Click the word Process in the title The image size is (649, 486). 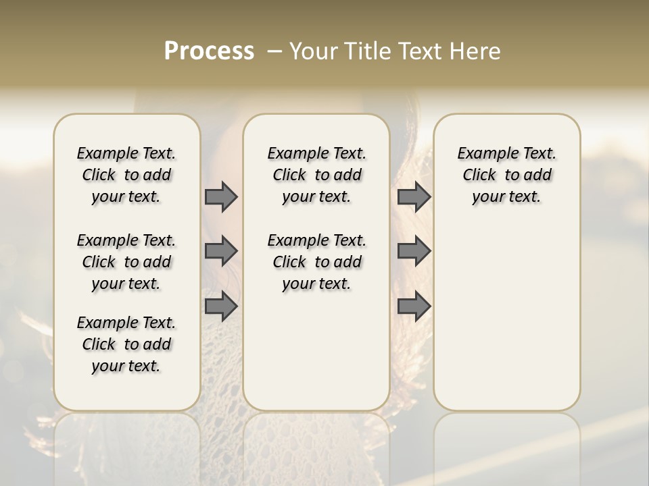209,51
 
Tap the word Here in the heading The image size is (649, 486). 476,51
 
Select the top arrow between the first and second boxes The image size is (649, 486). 221,196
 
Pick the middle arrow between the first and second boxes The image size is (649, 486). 221,251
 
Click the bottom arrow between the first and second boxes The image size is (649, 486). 221,306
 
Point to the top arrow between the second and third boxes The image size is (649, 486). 414,196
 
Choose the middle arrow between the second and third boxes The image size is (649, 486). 414,251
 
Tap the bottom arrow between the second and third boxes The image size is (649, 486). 414,306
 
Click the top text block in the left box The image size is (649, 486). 126,175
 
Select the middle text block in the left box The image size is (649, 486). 126,262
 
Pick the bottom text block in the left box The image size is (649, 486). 126,344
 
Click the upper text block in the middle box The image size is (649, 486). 316,175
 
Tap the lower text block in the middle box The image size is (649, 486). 316,262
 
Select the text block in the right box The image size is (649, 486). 506,175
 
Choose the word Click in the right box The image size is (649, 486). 479,175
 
